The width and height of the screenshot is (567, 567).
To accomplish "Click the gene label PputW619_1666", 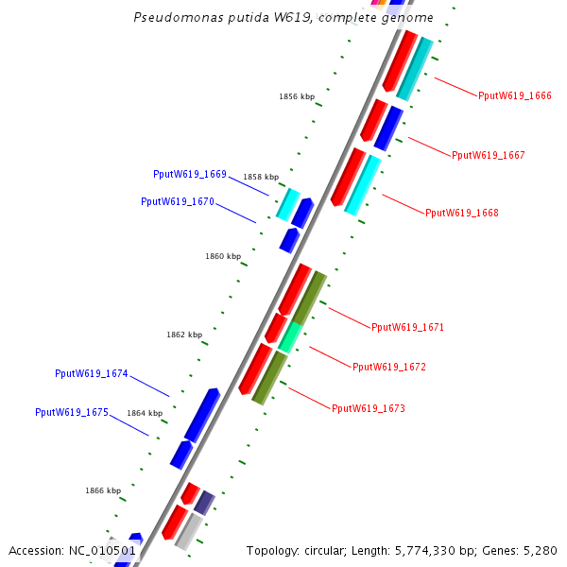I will click(515, 95).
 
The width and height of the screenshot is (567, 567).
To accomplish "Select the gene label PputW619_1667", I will click(489, 155).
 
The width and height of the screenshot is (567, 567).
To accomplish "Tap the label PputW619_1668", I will click(462, 213).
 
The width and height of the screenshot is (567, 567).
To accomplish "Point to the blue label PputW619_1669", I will click(190, 174).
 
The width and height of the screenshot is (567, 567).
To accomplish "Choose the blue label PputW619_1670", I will click(178, 201).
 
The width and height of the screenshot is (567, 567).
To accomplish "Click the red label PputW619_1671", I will click(407, 327).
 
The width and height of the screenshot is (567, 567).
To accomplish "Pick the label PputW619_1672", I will click(388, 367).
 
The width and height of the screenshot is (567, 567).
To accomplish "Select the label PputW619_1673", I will click(368, 408).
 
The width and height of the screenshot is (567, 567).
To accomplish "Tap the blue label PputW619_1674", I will click(92, 373).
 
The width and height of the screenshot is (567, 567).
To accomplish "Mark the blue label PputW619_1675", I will click(72, 412).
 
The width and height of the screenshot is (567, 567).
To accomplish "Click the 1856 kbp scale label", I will click(297, 96).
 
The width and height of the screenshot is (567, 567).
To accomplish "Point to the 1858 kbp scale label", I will click(261, 177).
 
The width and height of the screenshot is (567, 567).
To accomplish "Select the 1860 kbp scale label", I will click(223, 256).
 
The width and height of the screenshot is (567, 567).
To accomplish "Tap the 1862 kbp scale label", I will click(184, 335).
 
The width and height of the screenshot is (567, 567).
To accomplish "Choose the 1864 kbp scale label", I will click(145, 413).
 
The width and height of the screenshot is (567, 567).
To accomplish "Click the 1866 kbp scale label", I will click(103, 490).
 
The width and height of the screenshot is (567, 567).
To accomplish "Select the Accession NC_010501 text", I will click(73, 550).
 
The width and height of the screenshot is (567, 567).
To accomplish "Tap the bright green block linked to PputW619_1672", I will click(290, 336).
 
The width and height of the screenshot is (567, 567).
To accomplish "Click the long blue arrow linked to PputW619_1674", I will click(202, 415).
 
